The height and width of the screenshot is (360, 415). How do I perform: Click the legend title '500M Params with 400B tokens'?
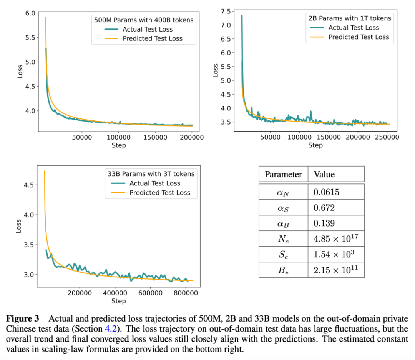(144, 20)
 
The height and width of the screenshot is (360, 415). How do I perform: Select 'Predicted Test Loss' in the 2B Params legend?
(359, 37)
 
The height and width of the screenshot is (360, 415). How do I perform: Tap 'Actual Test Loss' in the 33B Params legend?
(155, 183)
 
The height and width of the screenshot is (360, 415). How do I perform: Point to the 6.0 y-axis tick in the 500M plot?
(30, 13)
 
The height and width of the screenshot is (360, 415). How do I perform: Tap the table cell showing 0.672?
(325, 208)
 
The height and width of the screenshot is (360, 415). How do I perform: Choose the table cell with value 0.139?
(325, 223)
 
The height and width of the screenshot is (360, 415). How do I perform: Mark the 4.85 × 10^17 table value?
(335, 239)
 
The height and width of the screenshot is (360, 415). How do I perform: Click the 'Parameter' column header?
(283, 174)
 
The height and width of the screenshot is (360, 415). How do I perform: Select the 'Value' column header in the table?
(324, 174)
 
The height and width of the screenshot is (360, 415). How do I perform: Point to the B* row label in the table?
(283, 270)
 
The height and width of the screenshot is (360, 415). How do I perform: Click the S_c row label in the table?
(283, 255)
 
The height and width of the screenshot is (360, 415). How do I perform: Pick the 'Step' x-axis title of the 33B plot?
(118, 301)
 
